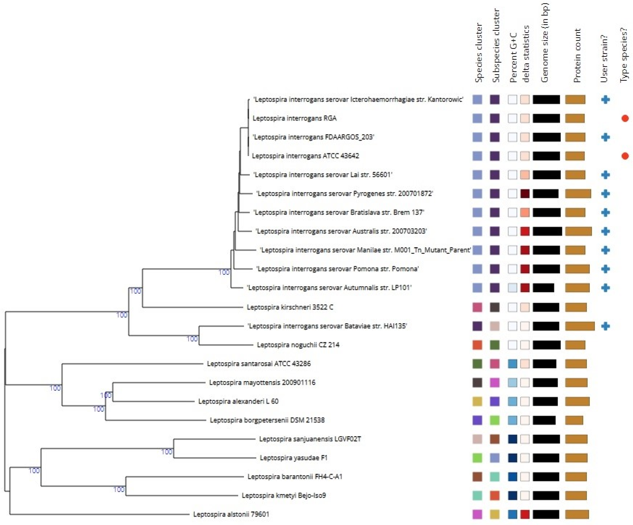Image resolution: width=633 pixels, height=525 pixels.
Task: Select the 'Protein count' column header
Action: [577, 56]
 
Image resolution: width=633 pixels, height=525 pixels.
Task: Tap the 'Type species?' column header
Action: [624, 54]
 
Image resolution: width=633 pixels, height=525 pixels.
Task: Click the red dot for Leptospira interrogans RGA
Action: [625, 118]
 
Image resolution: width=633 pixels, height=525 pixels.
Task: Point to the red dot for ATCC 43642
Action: [625, 156]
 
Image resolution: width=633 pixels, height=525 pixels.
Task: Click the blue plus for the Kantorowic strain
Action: [605, 99]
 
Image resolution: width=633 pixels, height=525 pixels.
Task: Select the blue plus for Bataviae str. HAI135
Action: [605, 326]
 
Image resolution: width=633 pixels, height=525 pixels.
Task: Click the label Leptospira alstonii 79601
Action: [231, 514]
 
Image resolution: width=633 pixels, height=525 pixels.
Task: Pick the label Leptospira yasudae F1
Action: [293, 458]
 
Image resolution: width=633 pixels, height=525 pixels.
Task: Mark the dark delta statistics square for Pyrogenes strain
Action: [525, 194]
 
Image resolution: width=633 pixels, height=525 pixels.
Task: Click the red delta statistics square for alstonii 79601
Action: [525, 514]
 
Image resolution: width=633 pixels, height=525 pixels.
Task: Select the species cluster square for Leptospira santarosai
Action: [477, 364]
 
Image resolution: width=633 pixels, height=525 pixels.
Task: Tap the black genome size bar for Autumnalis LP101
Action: [543, 288]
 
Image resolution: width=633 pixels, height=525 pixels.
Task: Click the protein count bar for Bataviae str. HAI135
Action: [580, 326]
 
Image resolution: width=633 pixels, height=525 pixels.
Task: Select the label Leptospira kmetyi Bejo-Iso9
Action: [284, 495]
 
